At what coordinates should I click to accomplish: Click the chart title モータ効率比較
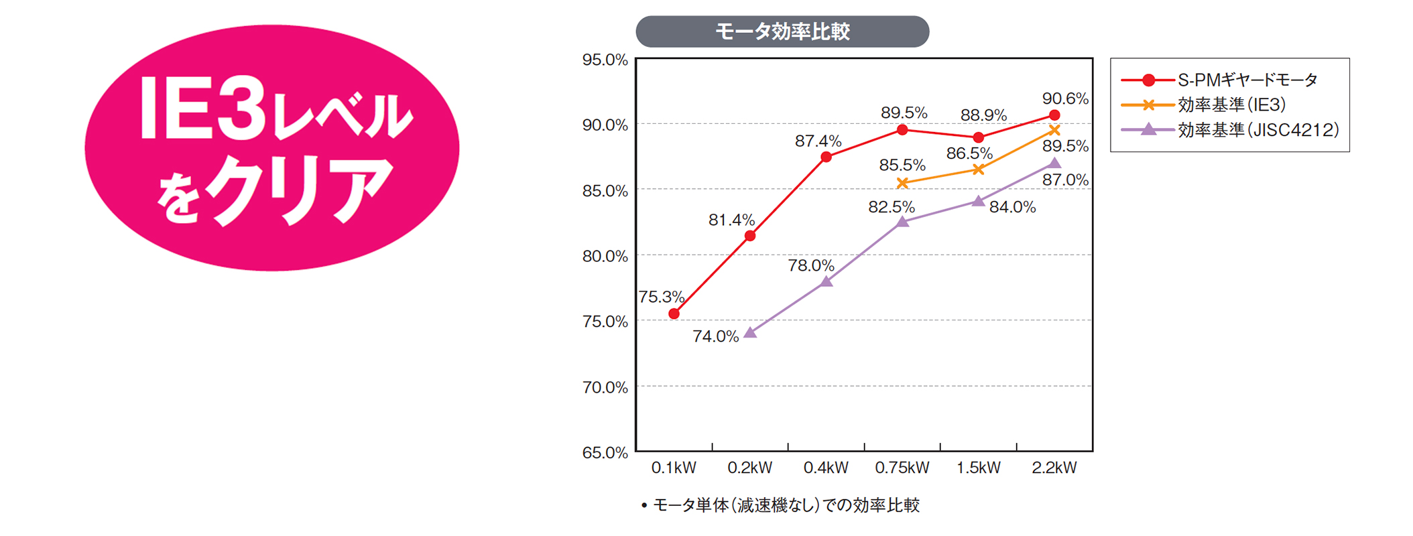tap(782, 31)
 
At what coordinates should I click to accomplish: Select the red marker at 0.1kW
tap(674, 314)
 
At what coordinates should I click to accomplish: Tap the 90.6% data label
tap(1064, 98)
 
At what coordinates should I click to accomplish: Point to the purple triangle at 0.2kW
tap(751, 332)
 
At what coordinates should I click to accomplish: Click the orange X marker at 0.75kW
tap(902, 183)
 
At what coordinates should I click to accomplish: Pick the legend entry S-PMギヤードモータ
tap(1247, 80)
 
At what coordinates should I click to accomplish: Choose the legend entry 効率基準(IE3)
tap(1231, 105)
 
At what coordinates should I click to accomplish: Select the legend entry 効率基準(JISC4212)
tap(1257, 129)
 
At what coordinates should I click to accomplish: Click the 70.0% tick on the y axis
tap(605, 387)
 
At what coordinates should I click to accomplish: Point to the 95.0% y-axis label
tap(605, 60)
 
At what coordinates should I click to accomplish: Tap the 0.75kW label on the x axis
tap(902, 468)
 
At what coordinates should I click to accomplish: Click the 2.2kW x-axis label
tap(1054, 468)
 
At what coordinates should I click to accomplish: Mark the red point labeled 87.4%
tap(826, 157)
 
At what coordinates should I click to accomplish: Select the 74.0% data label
tap(715, 336)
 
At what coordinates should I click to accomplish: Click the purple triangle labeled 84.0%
tap(978, 201)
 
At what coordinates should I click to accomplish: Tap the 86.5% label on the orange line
tap(969, 153)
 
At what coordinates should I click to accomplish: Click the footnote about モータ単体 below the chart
tap(781, 505)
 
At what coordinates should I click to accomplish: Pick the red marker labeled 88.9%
tap(978, 137)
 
